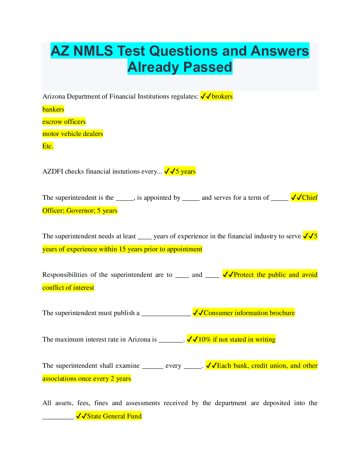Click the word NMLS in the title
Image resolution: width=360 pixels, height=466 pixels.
click(x=93, y=51)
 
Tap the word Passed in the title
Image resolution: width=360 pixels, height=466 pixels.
click(x=207, y=67)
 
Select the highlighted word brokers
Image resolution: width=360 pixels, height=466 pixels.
click(x=222, y=96)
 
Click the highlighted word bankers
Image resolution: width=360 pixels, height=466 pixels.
click(x=53, y=109)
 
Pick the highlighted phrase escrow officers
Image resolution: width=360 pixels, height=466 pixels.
click(x=64, y=122)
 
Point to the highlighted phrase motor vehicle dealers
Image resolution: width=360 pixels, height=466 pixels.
click(x=73, y=134)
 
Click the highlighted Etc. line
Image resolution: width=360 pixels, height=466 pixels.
click(x=48, y=146)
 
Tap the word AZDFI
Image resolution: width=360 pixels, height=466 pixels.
click(x=53, y=172)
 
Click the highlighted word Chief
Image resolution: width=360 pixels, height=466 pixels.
click(x=310, y=198)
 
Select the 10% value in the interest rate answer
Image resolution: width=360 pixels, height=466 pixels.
click(x=205, y=339)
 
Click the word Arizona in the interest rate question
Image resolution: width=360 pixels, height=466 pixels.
click(x=139, y=339)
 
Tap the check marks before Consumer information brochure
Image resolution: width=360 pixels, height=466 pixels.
click(x=198, y=313)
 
